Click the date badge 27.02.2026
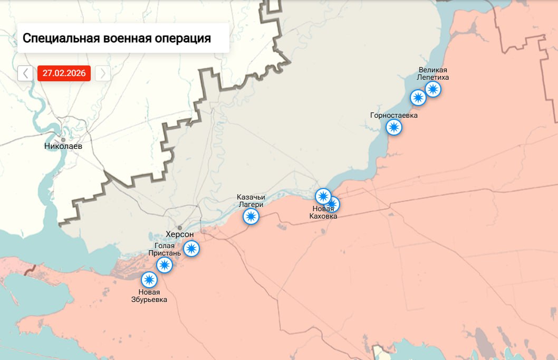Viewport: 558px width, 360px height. pos(64,73)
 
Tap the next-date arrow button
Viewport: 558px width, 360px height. pos(103,73)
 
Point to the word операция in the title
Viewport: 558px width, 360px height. pos(182,39)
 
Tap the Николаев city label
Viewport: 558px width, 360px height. pos(63,146)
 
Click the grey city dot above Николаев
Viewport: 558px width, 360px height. pos(63,139)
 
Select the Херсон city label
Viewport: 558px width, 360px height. pos(180,234)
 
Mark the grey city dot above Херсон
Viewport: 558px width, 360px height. pos(180,228)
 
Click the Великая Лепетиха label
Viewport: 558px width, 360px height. pos(433,73)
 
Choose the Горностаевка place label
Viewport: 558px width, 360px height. pos(394,115)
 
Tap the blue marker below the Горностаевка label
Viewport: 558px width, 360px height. pos(393,127)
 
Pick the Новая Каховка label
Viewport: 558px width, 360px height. pos(323,212)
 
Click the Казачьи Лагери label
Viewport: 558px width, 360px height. pos(251,201)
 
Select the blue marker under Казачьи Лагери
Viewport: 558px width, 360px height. pos(251,216)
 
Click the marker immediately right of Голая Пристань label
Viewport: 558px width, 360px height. pos(191,248)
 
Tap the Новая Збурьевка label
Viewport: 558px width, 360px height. pos(149,296)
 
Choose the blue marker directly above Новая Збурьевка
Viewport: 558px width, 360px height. pos(149,279)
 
